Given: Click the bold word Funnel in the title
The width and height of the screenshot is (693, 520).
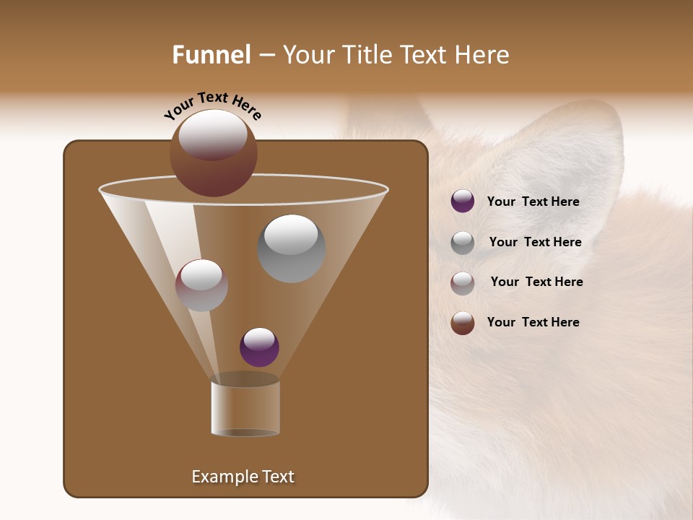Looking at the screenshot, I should coord(211,55).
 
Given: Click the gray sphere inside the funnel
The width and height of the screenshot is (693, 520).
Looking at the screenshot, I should coord(291,248).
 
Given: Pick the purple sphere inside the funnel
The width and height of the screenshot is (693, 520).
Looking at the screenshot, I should coord(259,347).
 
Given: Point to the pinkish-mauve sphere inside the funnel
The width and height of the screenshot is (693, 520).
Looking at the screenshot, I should coord(201,286).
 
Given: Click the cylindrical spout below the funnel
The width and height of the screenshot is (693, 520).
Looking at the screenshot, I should coord(245,408).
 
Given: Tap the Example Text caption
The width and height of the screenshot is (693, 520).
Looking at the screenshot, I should coord(243,477).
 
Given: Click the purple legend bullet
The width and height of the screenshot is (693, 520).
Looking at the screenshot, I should coord(463,201).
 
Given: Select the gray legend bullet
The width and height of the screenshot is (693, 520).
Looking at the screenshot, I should coord(463,243).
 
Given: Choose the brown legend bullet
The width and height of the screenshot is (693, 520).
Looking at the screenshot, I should coord(463,323).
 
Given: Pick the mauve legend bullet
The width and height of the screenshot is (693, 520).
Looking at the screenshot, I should coord(463,282).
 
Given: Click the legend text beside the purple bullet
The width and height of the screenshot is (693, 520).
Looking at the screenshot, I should coord(533,201).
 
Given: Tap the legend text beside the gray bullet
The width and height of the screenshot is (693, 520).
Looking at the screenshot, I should coord(535,242).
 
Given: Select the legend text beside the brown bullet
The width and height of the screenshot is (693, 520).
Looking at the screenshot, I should coord(533,322).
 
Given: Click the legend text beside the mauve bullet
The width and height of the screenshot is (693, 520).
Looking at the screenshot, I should coord(536,282).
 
